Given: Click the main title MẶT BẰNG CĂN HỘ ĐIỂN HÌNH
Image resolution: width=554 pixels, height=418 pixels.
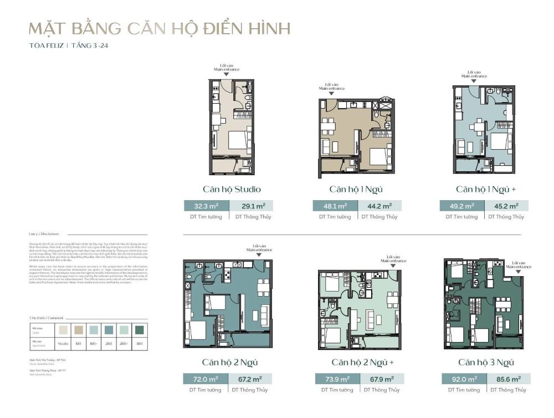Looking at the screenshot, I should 158,28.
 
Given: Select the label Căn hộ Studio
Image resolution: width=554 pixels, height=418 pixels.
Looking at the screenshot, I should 232,189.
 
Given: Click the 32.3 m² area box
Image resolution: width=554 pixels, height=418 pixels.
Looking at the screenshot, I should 205,206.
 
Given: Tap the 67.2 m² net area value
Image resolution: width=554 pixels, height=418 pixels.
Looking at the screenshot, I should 250,379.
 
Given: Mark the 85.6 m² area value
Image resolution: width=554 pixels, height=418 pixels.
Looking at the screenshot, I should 508,379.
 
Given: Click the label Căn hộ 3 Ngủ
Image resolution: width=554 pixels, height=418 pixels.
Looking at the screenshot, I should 486,363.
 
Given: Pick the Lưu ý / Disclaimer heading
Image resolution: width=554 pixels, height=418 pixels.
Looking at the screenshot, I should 44,234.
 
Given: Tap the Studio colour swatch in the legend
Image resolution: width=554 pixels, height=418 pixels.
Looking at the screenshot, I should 64,329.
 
